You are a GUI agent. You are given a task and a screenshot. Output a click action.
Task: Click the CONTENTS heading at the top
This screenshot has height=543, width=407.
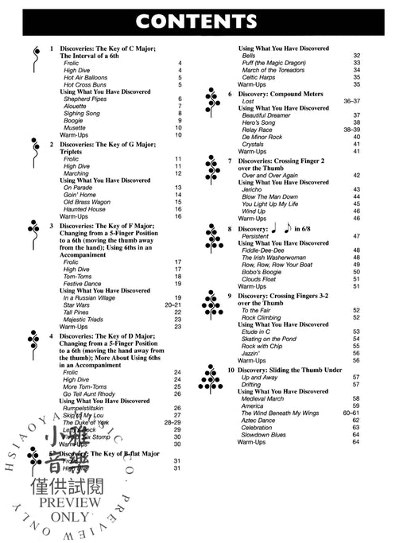[203, 18]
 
